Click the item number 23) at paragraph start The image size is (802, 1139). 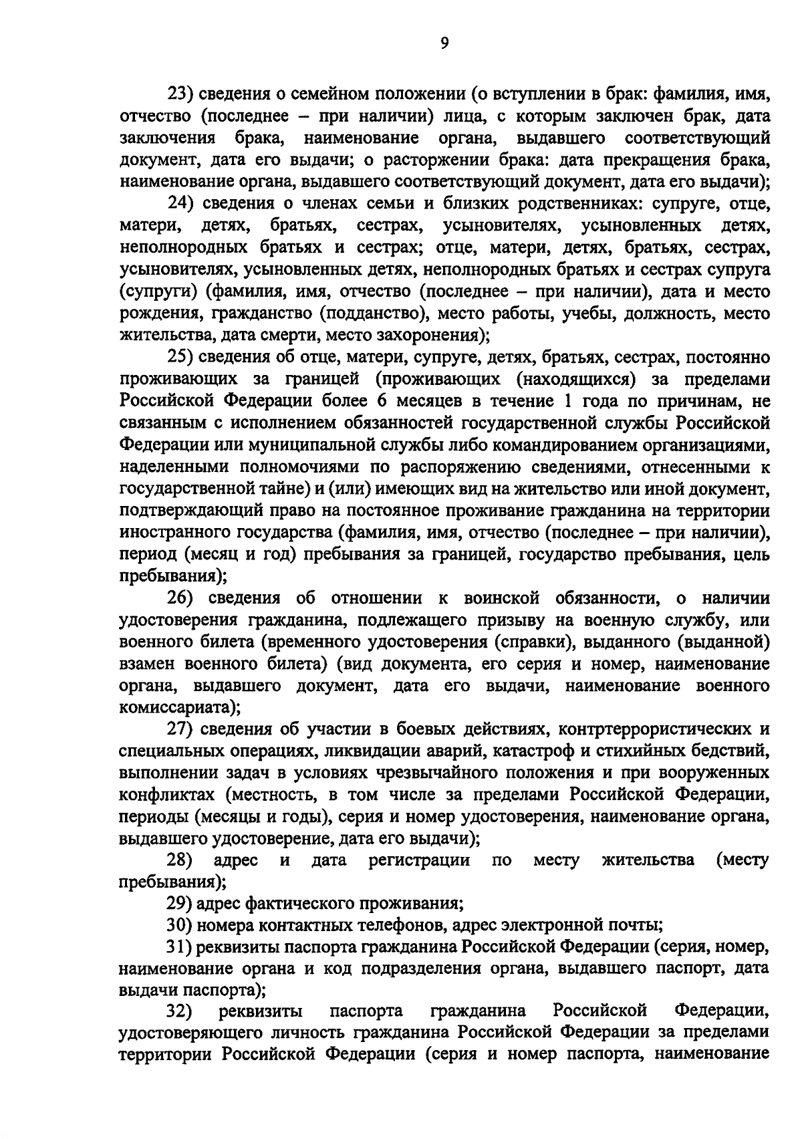pos(180,94)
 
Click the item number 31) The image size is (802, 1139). pos(180,948)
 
